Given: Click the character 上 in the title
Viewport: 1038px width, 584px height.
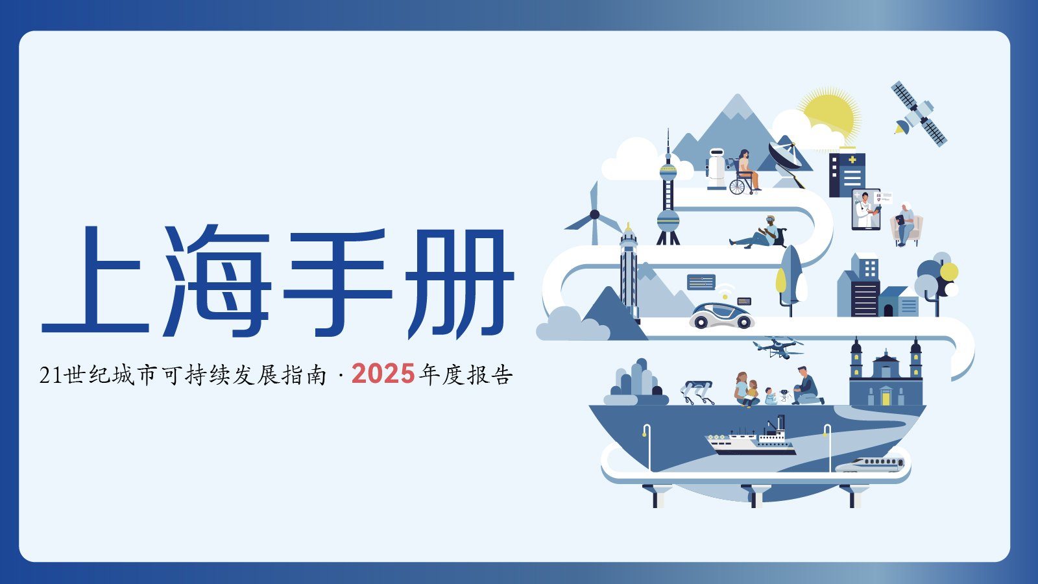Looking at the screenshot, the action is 95,280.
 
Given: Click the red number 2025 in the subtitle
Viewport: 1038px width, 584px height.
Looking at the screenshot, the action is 383,374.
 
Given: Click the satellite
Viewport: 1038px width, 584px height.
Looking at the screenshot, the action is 919,114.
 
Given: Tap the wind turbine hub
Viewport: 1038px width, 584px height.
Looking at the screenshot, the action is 594,214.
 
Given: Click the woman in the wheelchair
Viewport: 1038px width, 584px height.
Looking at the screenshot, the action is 744,171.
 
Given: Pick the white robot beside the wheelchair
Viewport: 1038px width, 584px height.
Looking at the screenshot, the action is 716,169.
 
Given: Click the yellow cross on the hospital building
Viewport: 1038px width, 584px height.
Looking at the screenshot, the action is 852,160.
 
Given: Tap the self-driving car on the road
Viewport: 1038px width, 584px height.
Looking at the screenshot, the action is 721,315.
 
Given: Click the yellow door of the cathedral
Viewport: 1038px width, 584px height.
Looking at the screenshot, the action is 886,398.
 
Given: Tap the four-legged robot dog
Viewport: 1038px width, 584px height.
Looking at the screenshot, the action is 697,392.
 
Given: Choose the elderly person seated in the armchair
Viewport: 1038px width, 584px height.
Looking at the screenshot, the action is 905,225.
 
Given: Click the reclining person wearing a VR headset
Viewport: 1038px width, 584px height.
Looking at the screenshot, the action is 757,234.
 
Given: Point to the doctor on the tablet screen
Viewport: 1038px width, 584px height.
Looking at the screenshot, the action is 865,210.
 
